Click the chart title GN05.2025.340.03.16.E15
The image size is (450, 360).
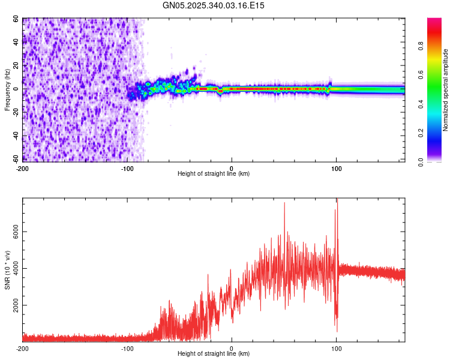pyautogui.click(x=214, y=5)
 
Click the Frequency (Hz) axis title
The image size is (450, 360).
pyautogui.click(x=7, y=90)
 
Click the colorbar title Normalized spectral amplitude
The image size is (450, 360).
pyautogui.click(x=445, y=90)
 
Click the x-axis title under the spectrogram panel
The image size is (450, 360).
pyautogui.click(x=214, y=173)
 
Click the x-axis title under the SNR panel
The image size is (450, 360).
pyautogui.click(x=214, y=353)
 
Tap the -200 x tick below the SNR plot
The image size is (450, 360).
pyautogui.click(x=22, y=349)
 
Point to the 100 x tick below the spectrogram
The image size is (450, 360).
pyautogui.click(x=336, y=169)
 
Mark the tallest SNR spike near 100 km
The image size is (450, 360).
pyautogui.click(x=337, y=199)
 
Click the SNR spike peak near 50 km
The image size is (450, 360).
pyautogui.click(x=284, y=203)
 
